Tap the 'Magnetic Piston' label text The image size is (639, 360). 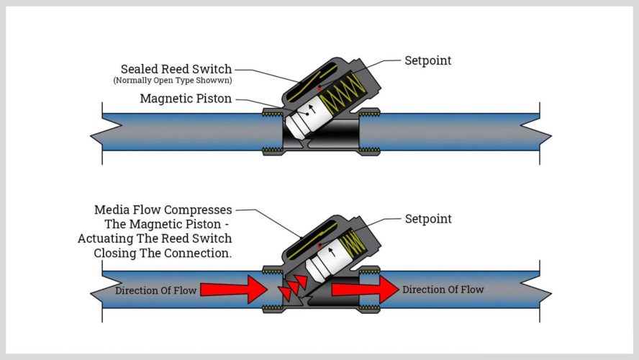(x=186, y=99)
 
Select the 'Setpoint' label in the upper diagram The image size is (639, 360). (x=427, y=60)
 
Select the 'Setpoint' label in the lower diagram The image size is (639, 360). (x=427, y=218)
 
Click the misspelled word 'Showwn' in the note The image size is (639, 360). (x=215, y=81)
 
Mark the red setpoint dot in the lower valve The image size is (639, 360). (x=319, y=246)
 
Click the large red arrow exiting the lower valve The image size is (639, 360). (x=364, y=289)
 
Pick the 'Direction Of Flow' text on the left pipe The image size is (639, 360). (x=155, y=290)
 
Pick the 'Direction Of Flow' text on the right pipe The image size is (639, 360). (x=443, y=289)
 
